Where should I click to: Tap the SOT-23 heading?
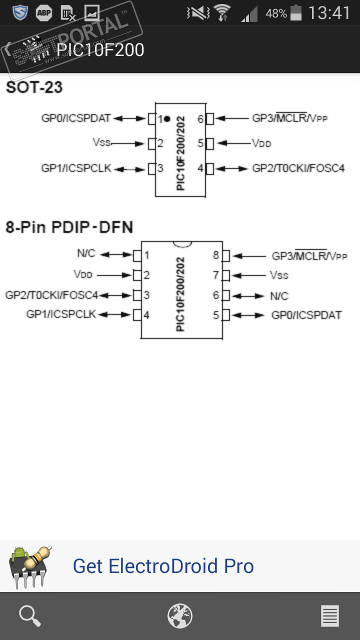pos(34,87)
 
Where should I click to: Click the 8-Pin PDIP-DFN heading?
pos(69,227)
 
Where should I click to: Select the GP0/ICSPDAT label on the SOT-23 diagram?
pos(75,118)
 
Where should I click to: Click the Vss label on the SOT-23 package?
pos(101,142)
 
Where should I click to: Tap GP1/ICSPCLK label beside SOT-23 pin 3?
pos(76,168)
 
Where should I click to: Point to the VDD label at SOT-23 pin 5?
pos(261,143)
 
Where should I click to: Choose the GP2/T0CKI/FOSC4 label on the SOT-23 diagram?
pos(298,168)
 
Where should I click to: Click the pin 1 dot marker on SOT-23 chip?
pos(167,119)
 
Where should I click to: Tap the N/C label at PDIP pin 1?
pos(86,253)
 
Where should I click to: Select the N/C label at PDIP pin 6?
pos(279,296)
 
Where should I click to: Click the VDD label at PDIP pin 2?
pos(83,275)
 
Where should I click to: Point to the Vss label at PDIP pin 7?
pos(279,275)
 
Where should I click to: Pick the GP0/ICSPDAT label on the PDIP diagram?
pos(306,315)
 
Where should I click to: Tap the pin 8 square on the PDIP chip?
pos(225,256)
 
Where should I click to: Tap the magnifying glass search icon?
pos(30,616)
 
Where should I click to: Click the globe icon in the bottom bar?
pos(179,616)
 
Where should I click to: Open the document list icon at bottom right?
pos(330,616)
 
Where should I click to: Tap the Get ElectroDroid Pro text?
pos(163,566)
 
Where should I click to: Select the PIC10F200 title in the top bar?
pos(100,49)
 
